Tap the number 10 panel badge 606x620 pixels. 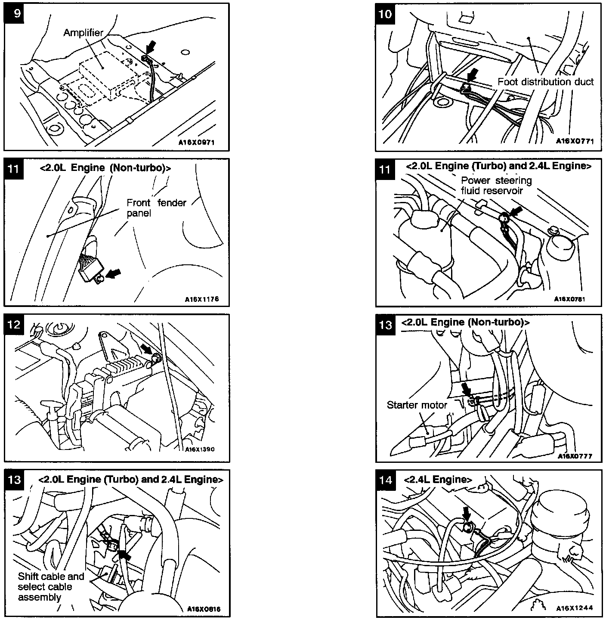[385, 14]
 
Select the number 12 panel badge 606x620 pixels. [14, 324]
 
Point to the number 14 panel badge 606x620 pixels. [386, 480]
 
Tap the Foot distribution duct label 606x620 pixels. [545, 82]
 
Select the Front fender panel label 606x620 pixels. [156, 208]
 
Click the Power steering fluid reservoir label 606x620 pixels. [496, 185]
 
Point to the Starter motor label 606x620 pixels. [417, 405]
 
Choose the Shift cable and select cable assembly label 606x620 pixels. [51, 586]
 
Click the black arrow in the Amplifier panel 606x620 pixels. [151, 46]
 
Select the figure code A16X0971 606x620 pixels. [196, 142]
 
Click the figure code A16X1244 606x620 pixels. [574, 608]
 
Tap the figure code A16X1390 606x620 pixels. [200, 449]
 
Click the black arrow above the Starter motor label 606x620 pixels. [466, 390]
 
